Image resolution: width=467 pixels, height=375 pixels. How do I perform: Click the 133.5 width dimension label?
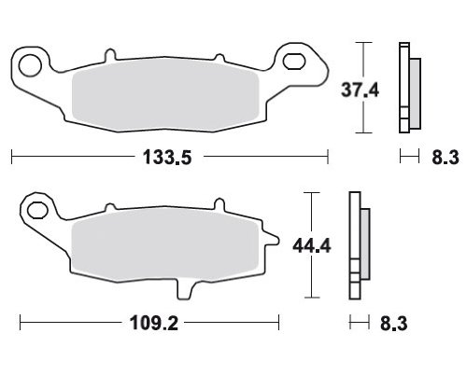(167, 157)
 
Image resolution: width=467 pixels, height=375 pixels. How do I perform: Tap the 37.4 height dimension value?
(360, 90)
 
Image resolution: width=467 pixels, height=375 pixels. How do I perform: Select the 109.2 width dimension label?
(154, 323)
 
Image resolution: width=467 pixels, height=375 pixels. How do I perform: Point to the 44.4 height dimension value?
(312, 245)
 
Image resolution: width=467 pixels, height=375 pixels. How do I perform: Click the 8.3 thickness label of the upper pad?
(446, 158)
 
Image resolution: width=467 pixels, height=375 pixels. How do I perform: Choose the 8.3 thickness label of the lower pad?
(393, 324)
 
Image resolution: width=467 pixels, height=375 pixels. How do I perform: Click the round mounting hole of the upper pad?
(30, 65)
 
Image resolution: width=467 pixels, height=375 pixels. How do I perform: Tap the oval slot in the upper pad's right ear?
(293, 61)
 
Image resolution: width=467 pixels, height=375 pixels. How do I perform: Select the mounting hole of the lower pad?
(37, 210)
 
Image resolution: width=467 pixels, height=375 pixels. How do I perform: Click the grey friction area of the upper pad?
(165, 95)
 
